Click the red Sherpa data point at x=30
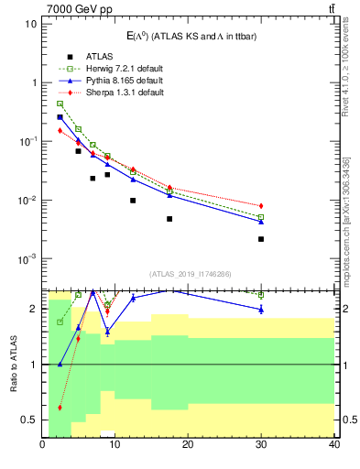tap(261, 206)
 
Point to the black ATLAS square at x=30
tap(261, 239)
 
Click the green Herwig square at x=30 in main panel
tap(261, 217)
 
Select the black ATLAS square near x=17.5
tap(169, 219)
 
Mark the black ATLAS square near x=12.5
tap(133, 201)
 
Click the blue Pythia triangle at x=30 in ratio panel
tap(261, 310)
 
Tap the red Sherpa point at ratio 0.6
tap(60, 408)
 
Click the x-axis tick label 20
tap(188, 445)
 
